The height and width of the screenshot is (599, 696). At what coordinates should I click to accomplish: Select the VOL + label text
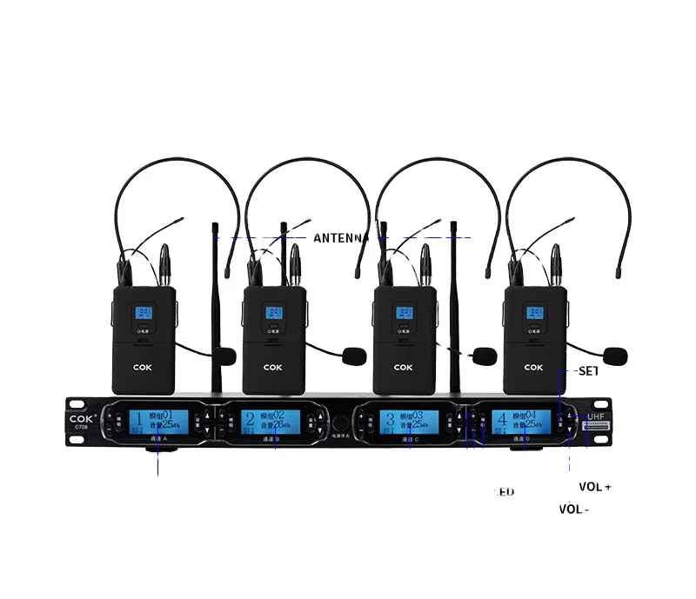point(595,487)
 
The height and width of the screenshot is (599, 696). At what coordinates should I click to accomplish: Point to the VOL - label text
point(574,509)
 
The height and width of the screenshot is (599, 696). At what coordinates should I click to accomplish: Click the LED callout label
point(505,492)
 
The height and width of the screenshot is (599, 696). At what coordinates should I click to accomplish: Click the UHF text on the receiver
point(597,416)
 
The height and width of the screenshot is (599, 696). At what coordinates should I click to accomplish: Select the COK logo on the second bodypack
point(274,367)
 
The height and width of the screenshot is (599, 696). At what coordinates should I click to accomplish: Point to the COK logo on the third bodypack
point(404,367)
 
